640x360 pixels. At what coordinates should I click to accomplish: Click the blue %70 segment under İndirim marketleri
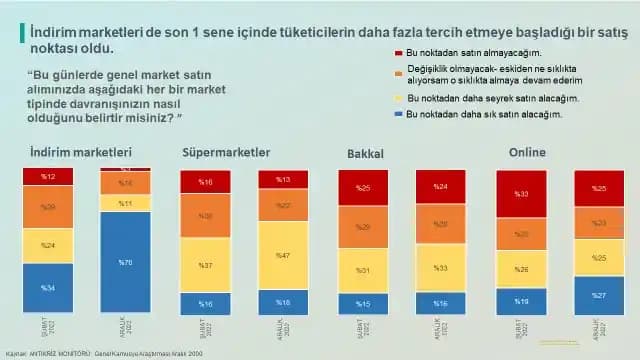click(x=125, y=262)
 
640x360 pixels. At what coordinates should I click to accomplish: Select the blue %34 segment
click(x=48, y=288)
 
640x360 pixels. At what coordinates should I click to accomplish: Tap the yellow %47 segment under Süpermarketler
click(x=282, y=255)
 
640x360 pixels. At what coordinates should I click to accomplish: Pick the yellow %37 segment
click(x=205, y=266)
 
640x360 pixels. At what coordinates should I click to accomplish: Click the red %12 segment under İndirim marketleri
click(x=48, y=177)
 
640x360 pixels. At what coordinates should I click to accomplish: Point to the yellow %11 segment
click(x=125, y=203)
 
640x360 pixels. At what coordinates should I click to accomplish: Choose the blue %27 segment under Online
click(x=599, y=295)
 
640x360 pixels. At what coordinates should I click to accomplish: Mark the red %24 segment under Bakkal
click(x=440, y=186)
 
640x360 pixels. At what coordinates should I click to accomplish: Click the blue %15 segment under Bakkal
click(x=362, y=304)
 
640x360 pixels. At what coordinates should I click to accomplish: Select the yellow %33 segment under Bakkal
click(x=440, y=268)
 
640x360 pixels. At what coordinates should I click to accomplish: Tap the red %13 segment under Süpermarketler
click(x=282, y=180)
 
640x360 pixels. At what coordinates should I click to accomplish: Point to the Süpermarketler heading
click(x=226, y=153)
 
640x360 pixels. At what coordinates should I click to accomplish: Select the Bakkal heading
click(x=365, y=155)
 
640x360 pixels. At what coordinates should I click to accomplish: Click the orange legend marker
click(x=386, y=69)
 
